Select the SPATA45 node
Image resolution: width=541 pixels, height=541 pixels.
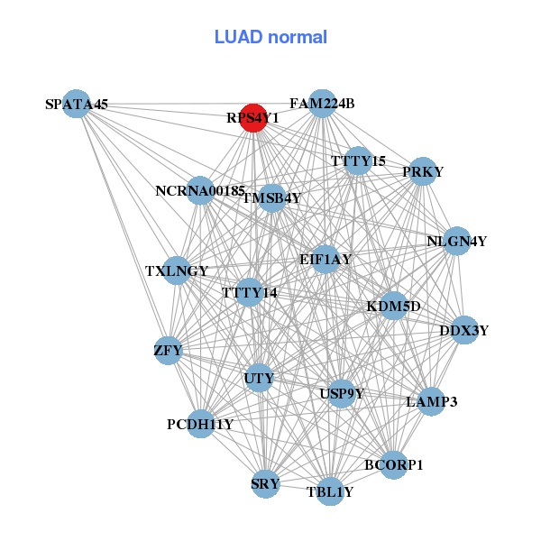(78, 104)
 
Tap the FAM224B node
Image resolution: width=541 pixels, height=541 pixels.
(322, 104)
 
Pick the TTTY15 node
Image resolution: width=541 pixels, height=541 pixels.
(358, 161)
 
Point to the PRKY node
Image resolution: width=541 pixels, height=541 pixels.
(423, 171)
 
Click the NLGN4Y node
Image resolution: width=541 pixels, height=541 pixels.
(457, 241)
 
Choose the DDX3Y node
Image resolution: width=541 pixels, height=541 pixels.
(463, 330)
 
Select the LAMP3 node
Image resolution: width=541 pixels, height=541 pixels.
(432, 401)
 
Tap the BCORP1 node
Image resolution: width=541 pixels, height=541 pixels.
(393, 464)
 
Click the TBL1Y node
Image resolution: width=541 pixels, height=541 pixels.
(330, 491)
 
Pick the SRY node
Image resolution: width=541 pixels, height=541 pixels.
(265, 484)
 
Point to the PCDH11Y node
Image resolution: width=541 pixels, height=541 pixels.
(200, 424)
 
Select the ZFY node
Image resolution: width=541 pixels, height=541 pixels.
(169, 350)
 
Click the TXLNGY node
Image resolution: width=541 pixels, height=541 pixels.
(177, 270)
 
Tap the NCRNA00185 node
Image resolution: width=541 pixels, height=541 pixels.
(200, 191)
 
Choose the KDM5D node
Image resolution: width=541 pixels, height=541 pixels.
(393, 307)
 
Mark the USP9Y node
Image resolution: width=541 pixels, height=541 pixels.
(342, 393)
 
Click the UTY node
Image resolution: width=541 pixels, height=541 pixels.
(259, 379)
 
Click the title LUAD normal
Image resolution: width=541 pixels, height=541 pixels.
(270, 37)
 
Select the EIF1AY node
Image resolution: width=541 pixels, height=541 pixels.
(326, 260)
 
